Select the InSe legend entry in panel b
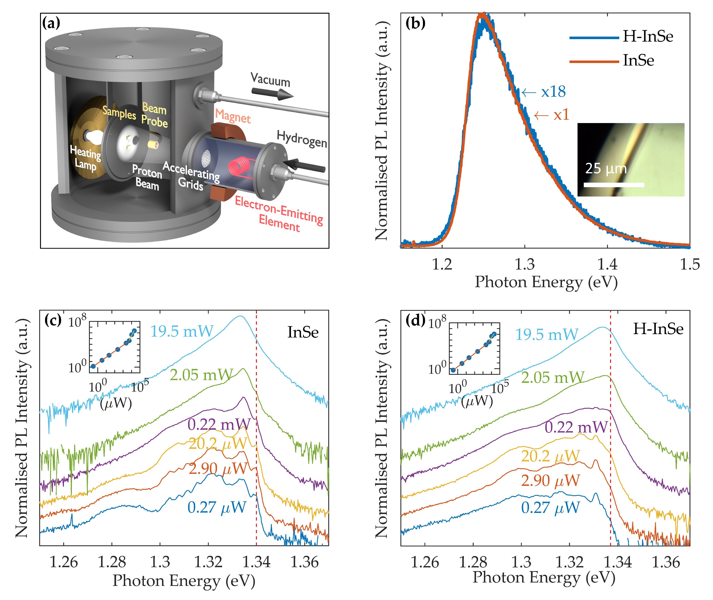[638, 61]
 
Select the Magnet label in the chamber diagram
[233, 116]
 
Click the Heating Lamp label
[85, 158]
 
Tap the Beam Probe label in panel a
[154, 115]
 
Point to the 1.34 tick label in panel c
[256, 562]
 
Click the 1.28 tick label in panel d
[473, 562]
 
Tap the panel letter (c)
[53, 320]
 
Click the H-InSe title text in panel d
[658, 329]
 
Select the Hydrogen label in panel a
[302, 139]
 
